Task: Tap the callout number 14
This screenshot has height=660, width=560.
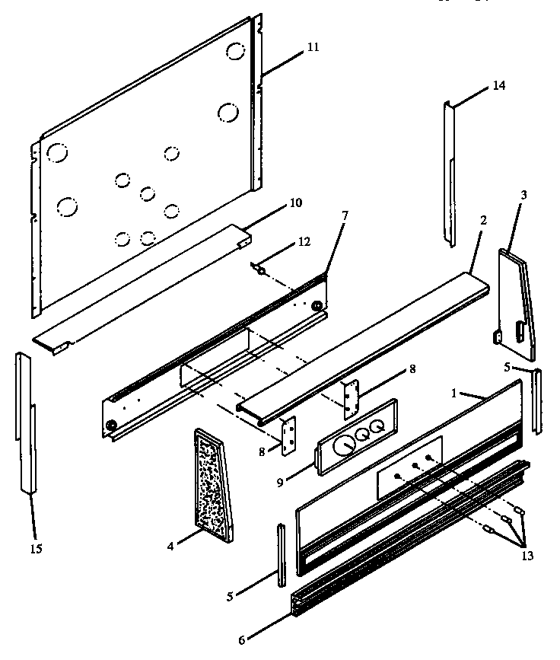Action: coord(498,85)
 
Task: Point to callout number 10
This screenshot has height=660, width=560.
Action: coord(296,203)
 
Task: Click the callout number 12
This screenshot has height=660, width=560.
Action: coord(304,242)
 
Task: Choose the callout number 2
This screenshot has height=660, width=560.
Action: coord(483,220)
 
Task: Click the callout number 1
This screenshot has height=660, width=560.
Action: coord(453,395)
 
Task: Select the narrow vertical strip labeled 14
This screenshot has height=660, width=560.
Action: coord(450,175)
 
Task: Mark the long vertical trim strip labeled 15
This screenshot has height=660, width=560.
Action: coord(26,426)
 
